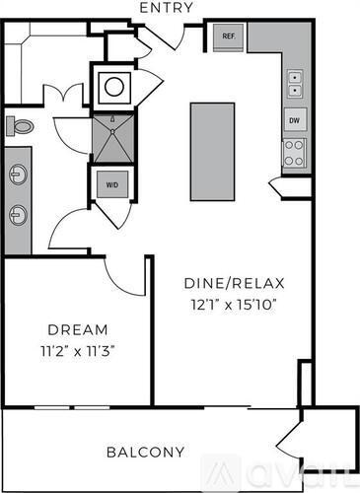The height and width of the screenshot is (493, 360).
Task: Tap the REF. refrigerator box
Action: click(x=228, y=37)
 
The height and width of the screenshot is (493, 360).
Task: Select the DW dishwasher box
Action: click(x=294, y=120)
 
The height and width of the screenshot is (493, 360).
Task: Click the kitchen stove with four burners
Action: click(x=294, y=152)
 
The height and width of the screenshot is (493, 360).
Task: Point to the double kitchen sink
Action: click(x=294, y=84)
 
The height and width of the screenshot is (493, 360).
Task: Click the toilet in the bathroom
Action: click(x=20, y=126)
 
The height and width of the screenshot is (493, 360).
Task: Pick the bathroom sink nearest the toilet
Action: click(x=18, y=175)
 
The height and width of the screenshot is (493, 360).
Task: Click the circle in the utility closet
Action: click(x=113, y=86)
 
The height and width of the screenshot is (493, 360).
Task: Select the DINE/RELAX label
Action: click(x=231, y=284)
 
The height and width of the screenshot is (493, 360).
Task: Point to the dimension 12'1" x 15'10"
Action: click(x=231, y=304)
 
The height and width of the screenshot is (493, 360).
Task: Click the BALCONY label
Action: click(x=145, y=453)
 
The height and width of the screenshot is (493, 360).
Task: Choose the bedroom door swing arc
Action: click(x=123, y=277)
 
